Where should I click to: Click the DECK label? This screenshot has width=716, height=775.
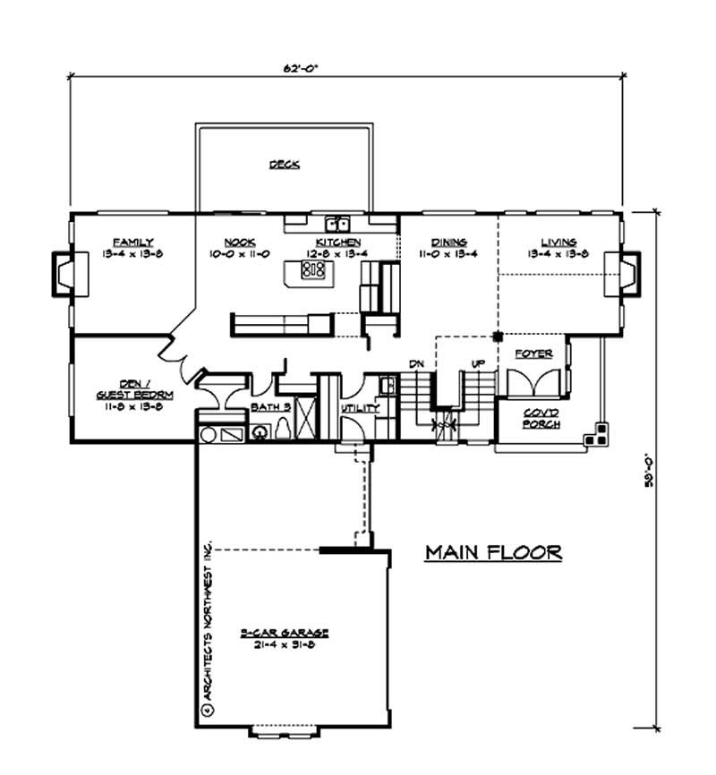[x=284, y=165]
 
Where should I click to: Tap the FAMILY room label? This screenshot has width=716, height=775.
[x=132, y=242]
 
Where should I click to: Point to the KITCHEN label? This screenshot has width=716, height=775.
[x=337, y=242]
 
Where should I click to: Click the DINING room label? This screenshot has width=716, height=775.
[x=445, y=242]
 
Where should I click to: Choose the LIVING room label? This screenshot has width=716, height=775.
[x=558, y=242]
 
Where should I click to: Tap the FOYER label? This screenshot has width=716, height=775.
[x=534, y=354]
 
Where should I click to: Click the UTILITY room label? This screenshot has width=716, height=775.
[x=360, y=408]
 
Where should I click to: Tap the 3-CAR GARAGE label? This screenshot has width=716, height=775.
[x=284, y=632]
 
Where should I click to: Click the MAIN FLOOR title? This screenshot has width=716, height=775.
[x=493, y=552]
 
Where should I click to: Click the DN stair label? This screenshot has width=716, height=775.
[x=415, y=364]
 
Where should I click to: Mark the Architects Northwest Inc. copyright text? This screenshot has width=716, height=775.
[x=207, y=626]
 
